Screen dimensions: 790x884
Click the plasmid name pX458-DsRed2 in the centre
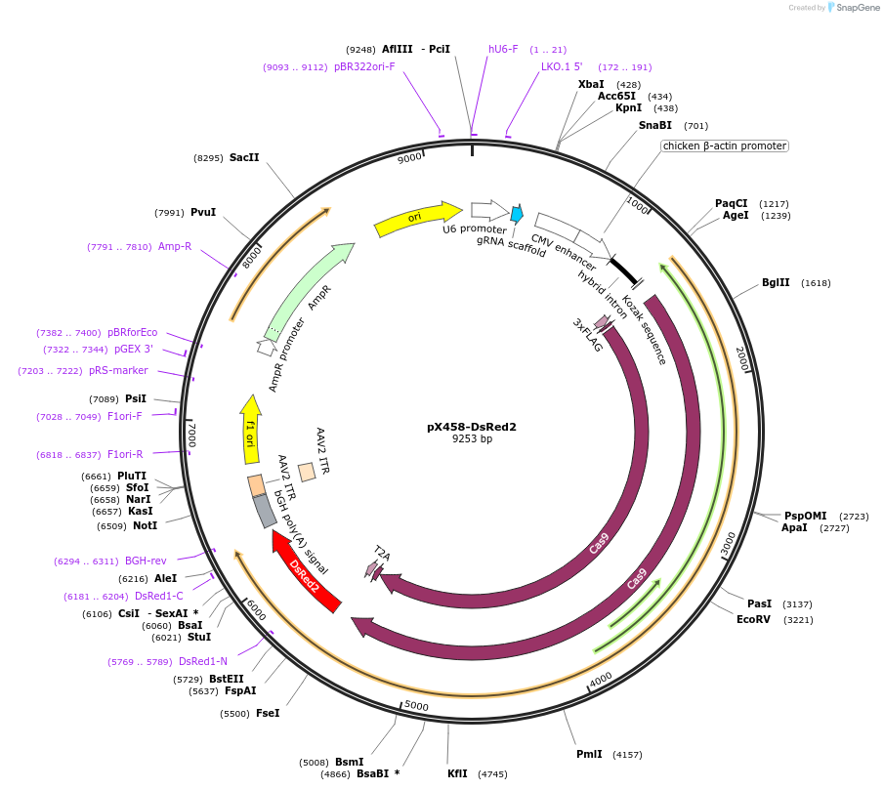472,427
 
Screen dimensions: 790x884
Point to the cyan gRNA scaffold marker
516,213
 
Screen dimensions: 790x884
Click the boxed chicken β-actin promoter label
724,146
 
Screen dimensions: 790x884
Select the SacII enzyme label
244,157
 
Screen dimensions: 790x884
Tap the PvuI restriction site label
203,213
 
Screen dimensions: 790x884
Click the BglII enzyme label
776,283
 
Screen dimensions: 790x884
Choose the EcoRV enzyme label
753,619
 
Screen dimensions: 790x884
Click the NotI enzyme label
145,525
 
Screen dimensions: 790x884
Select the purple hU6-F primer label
503,49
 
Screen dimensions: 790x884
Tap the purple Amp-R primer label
175,247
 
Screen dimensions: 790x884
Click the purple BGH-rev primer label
146,561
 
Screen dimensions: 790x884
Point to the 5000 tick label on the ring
416,705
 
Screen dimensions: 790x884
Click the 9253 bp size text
472,439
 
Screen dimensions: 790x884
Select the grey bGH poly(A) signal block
265,511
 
